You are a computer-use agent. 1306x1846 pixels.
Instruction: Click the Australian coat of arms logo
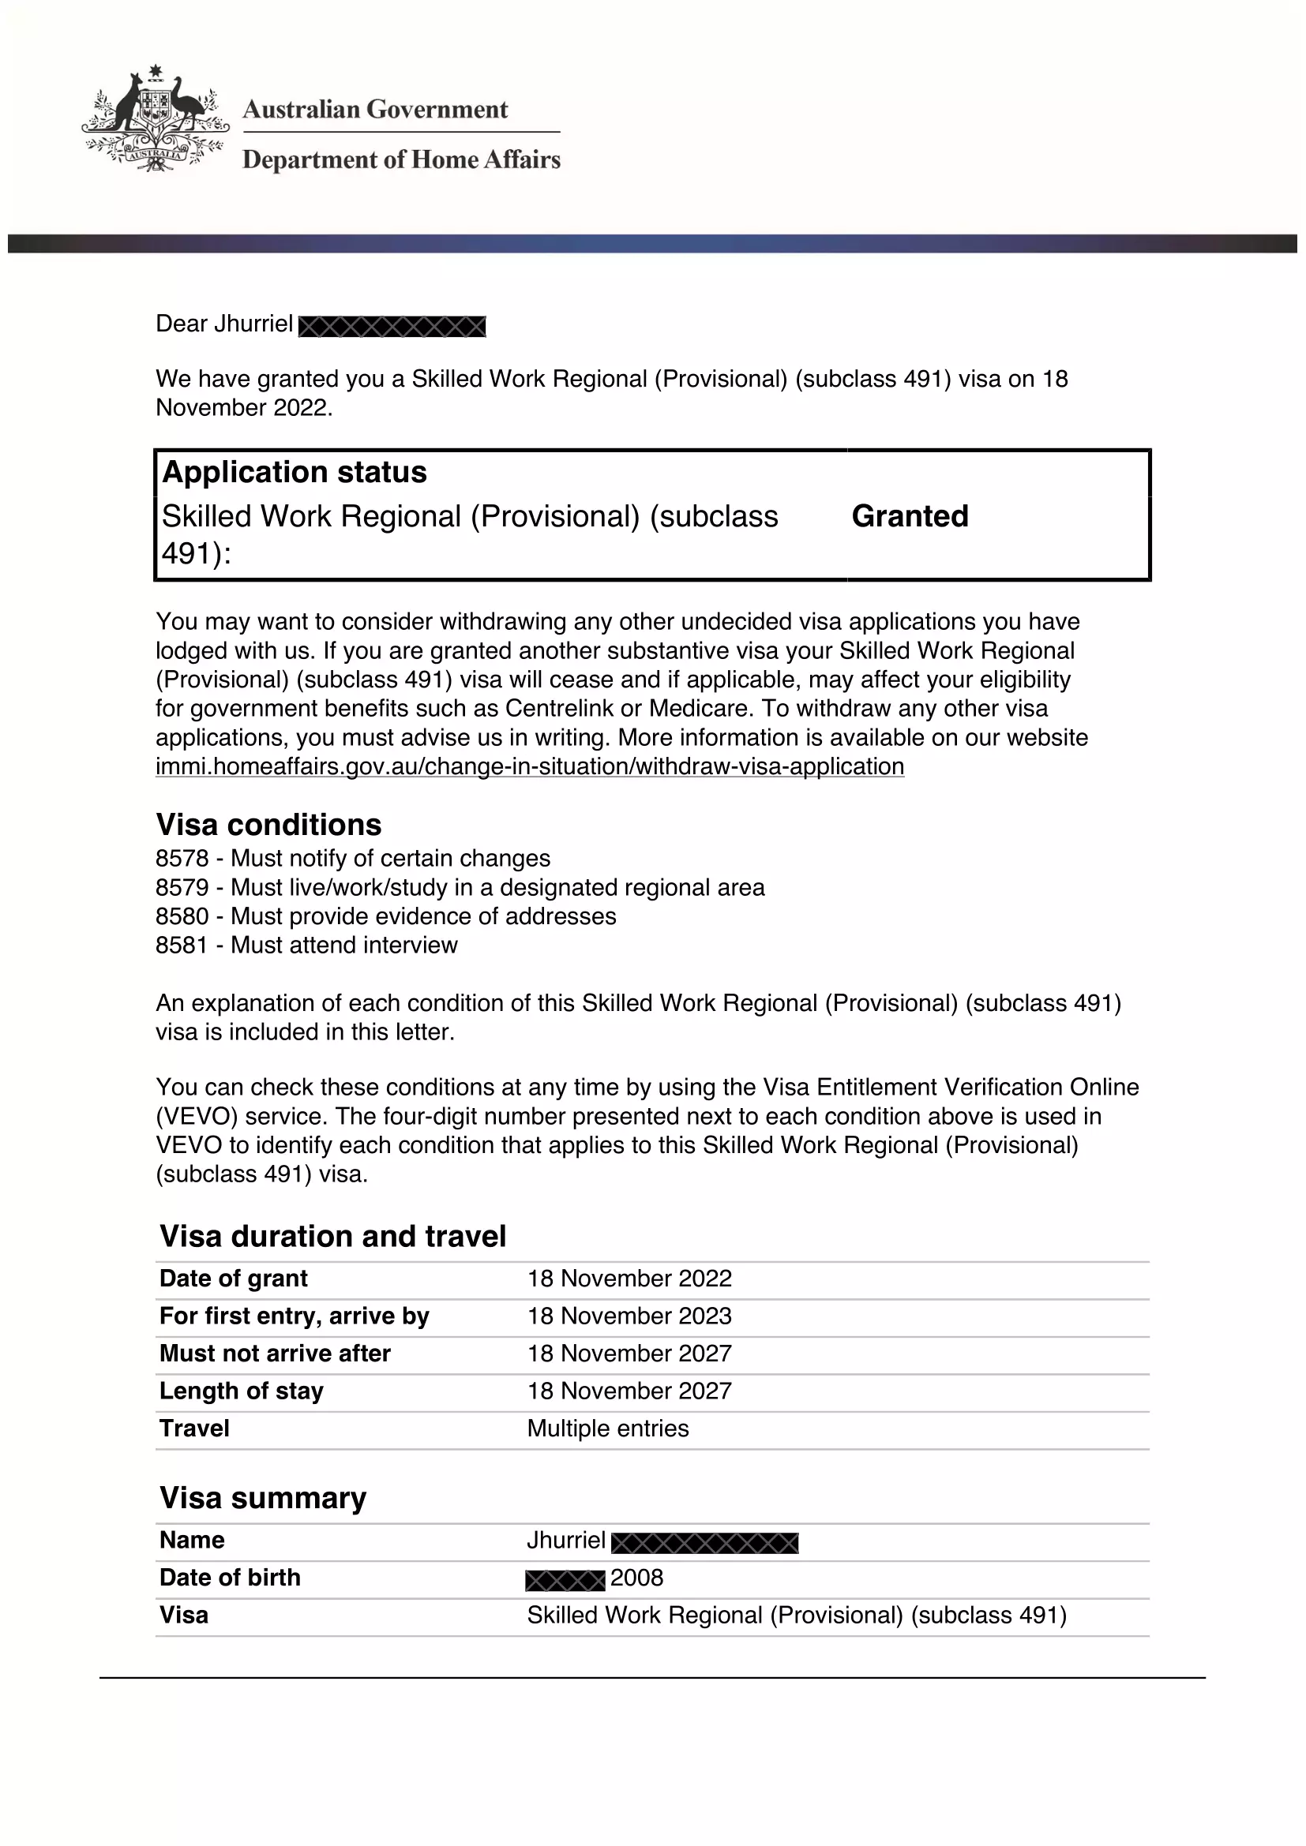155,119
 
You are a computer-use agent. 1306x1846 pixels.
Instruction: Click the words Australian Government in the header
375,110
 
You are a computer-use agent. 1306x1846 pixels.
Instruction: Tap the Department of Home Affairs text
401,159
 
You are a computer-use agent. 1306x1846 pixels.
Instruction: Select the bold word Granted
910,516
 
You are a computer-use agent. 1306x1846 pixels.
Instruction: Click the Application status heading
295,472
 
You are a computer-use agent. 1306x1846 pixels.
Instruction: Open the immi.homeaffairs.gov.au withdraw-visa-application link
529,766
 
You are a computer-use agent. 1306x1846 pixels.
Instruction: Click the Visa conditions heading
268,825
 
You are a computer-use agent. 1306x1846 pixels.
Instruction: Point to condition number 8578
182,859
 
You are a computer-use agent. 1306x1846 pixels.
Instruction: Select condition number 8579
182,888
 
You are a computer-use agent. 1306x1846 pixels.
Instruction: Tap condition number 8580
182,916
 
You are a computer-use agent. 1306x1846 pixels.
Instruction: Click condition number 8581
182,945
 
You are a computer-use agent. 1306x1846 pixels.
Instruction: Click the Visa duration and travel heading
333,1236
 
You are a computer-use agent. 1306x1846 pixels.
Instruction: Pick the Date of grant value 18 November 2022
629,1279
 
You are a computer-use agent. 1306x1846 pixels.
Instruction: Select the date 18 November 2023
629,1316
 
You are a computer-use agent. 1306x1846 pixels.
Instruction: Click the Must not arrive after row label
275,1354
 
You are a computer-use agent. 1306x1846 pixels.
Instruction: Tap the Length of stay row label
242,1391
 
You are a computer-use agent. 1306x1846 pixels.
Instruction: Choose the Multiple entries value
608,1428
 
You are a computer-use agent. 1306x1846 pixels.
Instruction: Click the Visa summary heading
263,1498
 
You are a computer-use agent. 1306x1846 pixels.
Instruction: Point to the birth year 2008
637,1578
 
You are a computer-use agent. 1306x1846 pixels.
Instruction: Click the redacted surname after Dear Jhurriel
392,327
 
